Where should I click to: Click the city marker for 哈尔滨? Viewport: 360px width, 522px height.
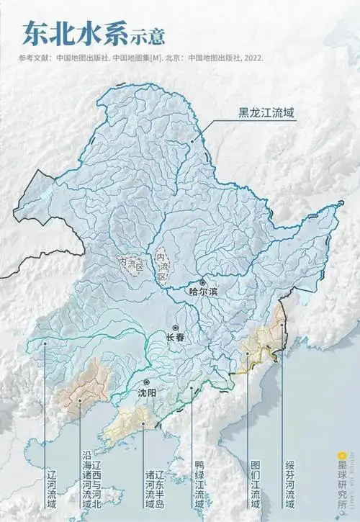pos(203,283)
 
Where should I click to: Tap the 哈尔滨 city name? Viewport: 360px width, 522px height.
pos(202,292)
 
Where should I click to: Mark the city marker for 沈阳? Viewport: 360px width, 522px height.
pos(146,382)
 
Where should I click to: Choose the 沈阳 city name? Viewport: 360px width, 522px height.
pos(146,392)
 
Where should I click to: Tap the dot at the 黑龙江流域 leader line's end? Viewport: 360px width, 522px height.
pos(192,142)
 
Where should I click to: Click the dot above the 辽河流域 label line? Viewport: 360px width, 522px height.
pos(45,343)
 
